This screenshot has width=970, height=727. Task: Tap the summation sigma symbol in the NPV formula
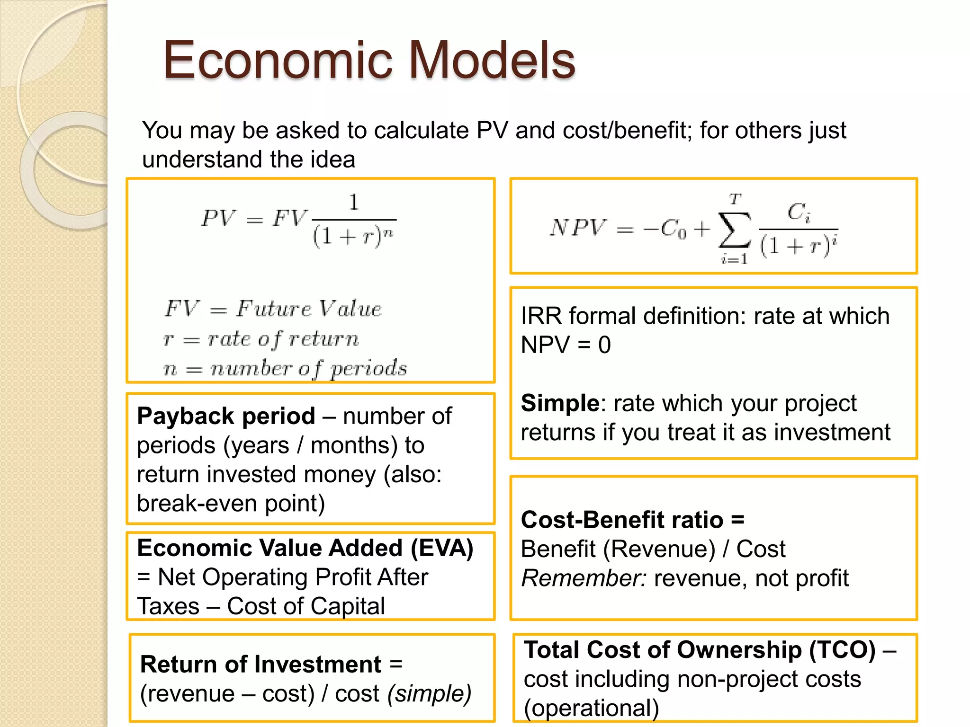[734, 230]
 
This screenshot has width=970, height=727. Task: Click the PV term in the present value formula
[218, 219]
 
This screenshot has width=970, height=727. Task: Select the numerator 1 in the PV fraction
[354, 203]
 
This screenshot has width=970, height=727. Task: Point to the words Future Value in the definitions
[309, 309]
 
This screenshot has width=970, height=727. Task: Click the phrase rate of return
[283, 339]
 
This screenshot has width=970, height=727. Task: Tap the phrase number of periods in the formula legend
[308, 369]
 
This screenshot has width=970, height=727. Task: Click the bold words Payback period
[226, 417]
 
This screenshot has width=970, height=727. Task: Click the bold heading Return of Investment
[260, 665]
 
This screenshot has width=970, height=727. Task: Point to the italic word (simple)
[429, 694]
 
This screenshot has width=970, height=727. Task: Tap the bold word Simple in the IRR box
[560, 403]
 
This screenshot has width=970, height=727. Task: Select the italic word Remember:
[584, 578]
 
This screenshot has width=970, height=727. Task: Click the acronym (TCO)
[842, 650]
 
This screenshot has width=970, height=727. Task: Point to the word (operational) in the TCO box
[591, 709]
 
